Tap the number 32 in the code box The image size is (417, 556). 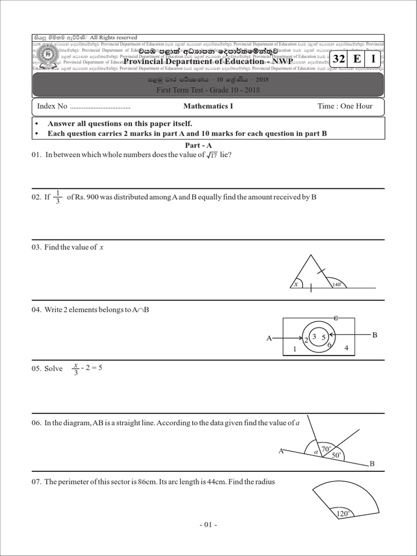pyautogui.click(x=339, y=59)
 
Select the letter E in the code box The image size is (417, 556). pyautogui.click(x=356, y=59)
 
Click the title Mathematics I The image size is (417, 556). pyautogui.click(x=208, y=106)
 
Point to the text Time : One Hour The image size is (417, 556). pyautogui.click(x=345, y=106)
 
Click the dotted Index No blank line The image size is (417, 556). pyautogui.click(x=100, y=107)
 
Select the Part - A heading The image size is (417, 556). pyautogui.click(x=199, y=146)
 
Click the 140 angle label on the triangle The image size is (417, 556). pyautogui.click(x=336, y=284)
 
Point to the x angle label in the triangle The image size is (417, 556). pyautogui.click(x=296, y=283)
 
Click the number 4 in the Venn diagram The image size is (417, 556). pyautogui.click(x=346, y=348)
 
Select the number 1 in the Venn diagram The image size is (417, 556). pyautogui.click(x=294, y=350)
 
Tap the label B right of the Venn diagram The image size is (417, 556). pyautogui.click(x=374, y=335)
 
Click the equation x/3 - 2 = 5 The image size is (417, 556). pyautogui.click(x=87, y=368)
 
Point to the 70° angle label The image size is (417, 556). pyautogui.click(x=326, y=449)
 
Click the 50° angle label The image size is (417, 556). pyautogui.click(x=337, y=456)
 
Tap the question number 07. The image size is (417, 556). pyautogui.click(x=37, y=482)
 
